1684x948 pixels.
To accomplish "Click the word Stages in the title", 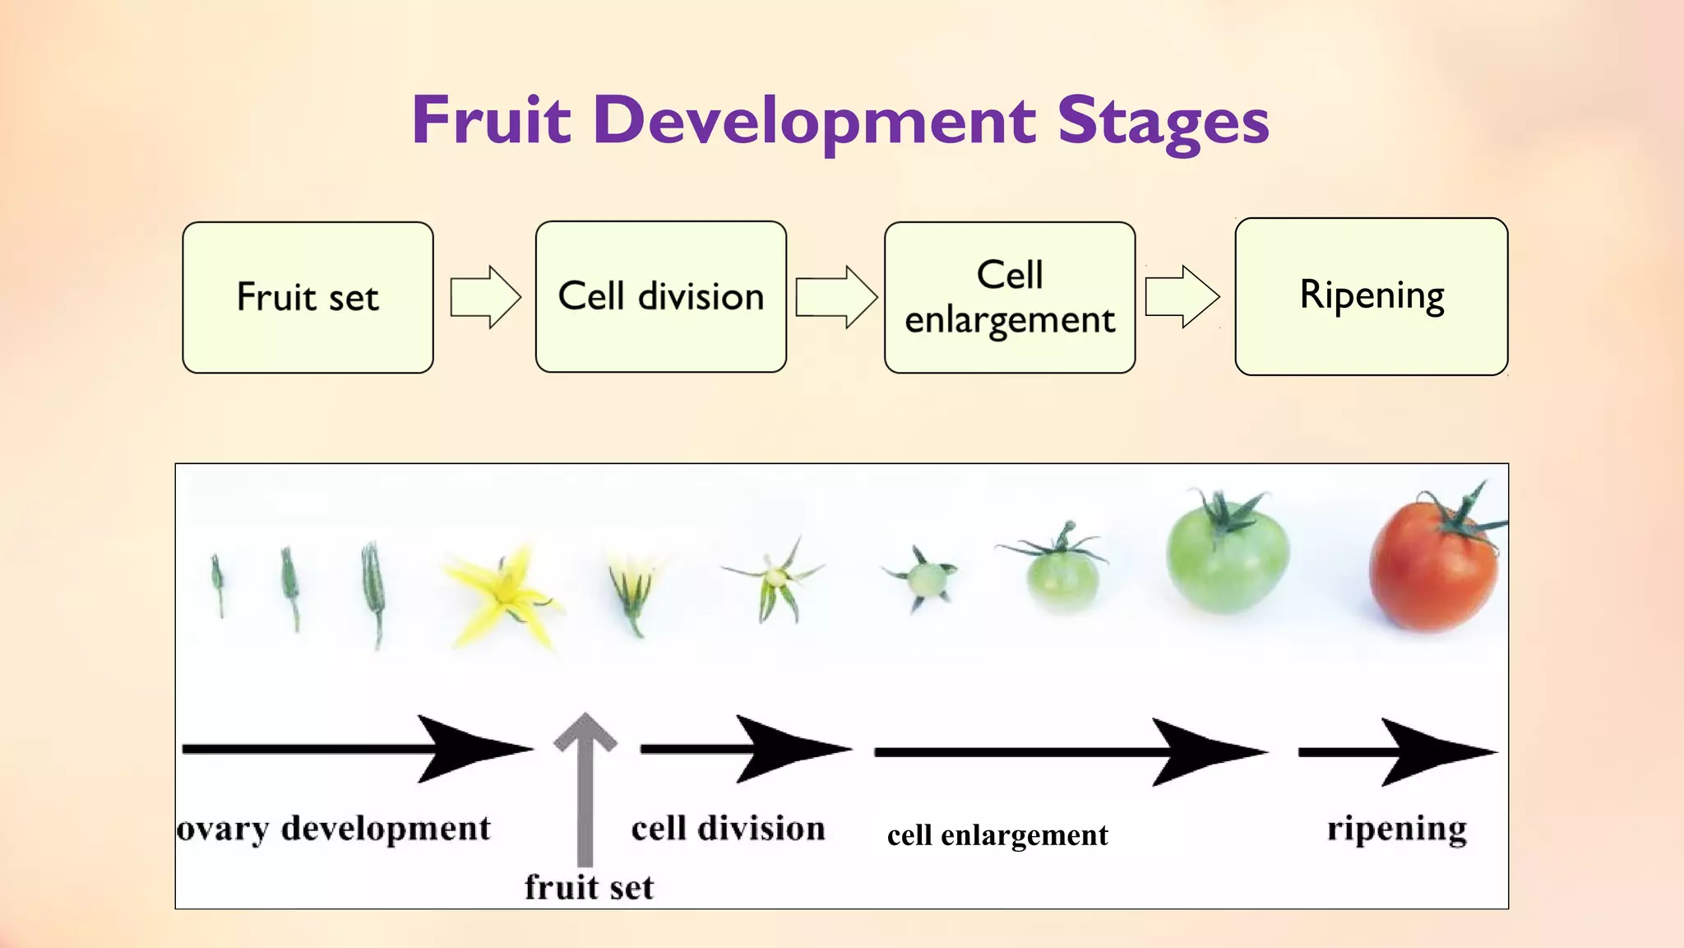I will pyautogui.click(x=1163, y=122).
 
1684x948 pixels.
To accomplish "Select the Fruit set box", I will pyautogui.click(x=308, y=297).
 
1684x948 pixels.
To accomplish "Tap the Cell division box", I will pyautogui.click(x=660, y=296).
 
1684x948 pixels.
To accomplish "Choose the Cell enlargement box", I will pyautogui.click(x=1009, y=297).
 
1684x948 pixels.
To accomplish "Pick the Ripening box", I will pyautogui.click(x=1371, y=296).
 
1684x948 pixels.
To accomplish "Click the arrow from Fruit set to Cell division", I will pyautogui.click(x=485, y=297).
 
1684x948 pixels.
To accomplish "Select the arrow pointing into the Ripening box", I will pyautogui.click(x=1182, y=296).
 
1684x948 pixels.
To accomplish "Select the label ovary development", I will pyautogui.click(x=334, y=829).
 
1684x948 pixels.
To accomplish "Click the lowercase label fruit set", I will pyautogui.click(x=589, y=887).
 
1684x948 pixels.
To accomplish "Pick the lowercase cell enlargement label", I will pyautogui.click(x=997, y=835).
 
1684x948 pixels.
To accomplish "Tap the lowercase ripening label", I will pyautogui.click(x=1397, y=829).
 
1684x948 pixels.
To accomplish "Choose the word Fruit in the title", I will pyautogui.click(x=491, y=122).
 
